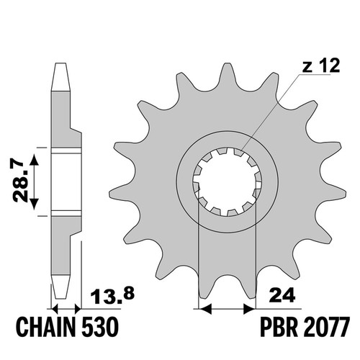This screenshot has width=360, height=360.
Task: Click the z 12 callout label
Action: click(x=321, y=66)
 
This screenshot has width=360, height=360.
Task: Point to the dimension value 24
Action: click(x=282, y=295)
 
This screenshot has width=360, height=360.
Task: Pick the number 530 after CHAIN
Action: click(x=100, y=328)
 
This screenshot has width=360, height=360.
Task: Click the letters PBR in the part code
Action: click(x=279, y=328)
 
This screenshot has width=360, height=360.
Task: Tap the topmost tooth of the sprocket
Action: click(x=227, y=74)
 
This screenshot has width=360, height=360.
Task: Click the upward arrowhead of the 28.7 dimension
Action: click(x=35, y=161)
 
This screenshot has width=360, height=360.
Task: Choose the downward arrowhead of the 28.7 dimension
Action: click(x=35, y=203)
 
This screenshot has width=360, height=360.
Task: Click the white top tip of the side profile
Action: click(x=60, y=77)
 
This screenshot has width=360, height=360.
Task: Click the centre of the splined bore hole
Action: click(x=228, y=181)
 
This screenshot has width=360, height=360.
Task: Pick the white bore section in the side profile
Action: click(x=66, y=181)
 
